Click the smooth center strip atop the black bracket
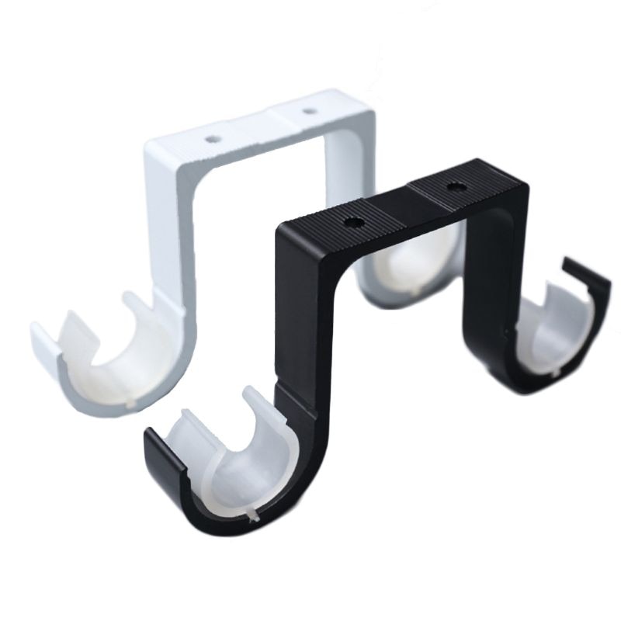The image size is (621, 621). point(404,206)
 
